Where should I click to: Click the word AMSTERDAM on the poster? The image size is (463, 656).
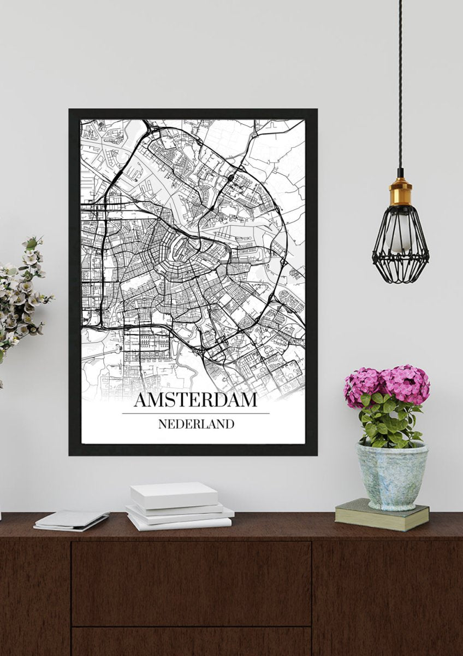195,400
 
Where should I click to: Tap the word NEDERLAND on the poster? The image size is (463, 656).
196,424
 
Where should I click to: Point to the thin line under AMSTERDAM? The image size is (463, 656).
195,413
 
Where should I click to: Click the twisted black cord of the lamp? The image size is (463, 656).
400,82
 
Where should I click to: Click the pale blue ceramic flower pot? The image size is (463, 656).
391,476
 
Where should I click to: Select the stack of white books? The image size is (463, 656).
178,506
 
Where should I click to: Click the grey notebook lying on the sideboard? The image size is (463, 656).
72,519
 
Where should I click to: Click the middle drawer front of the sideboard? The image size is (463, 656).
191,582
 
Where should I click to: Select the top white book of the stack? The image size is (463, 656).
174,494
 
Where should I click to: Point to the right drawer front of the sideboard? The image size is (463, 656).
387,596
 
